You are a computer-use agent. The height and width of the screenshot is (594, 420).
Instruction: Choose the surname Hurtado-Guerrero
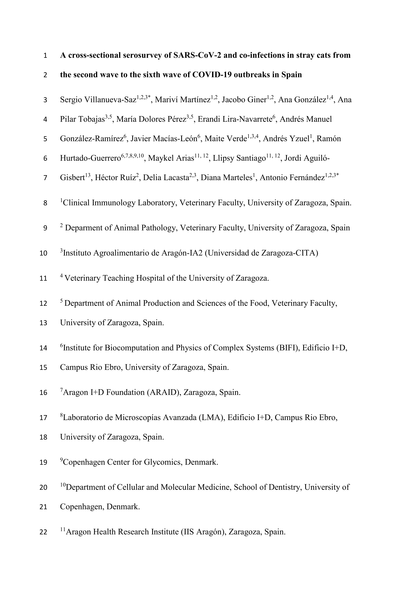tap(90, 158)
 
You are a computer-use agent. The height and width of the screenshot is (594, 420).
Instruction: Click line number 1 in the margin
tap(45, 55)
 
